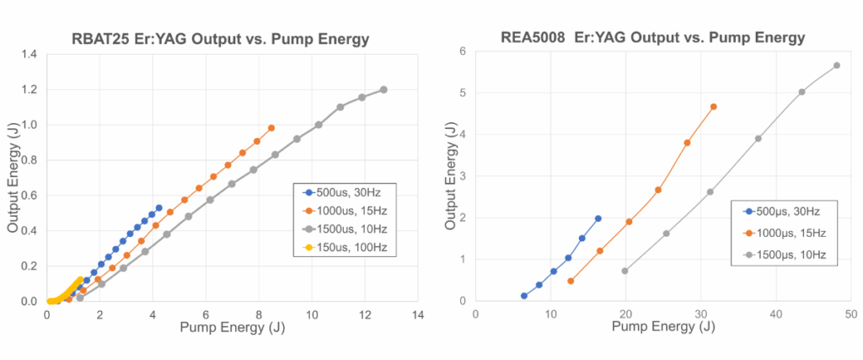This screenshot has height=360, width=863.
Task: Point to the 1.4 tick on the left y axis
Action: pos(29,55)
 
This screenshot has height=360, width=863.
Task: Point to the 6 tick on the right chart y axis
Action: pos(462,51)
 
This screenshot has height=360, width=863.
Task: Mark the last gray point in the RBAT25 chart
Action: pos(383,89)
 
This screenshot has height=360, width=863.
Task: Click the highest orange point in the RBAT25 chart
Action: pos(271,128)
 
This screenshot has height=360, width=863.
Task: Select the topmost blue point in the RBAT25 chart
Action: pos(158,208)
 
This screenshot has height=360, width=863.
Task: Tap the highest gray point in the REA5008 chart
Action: pos(836,66)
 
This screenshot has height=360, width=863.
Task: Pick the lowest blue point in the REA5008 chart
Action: pos(524,296)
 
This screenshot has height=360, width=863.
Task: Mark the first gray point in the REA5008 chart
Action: pos(624,271)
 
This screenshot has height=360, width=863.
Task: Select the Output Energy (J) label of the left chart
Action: pos(13,178)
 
